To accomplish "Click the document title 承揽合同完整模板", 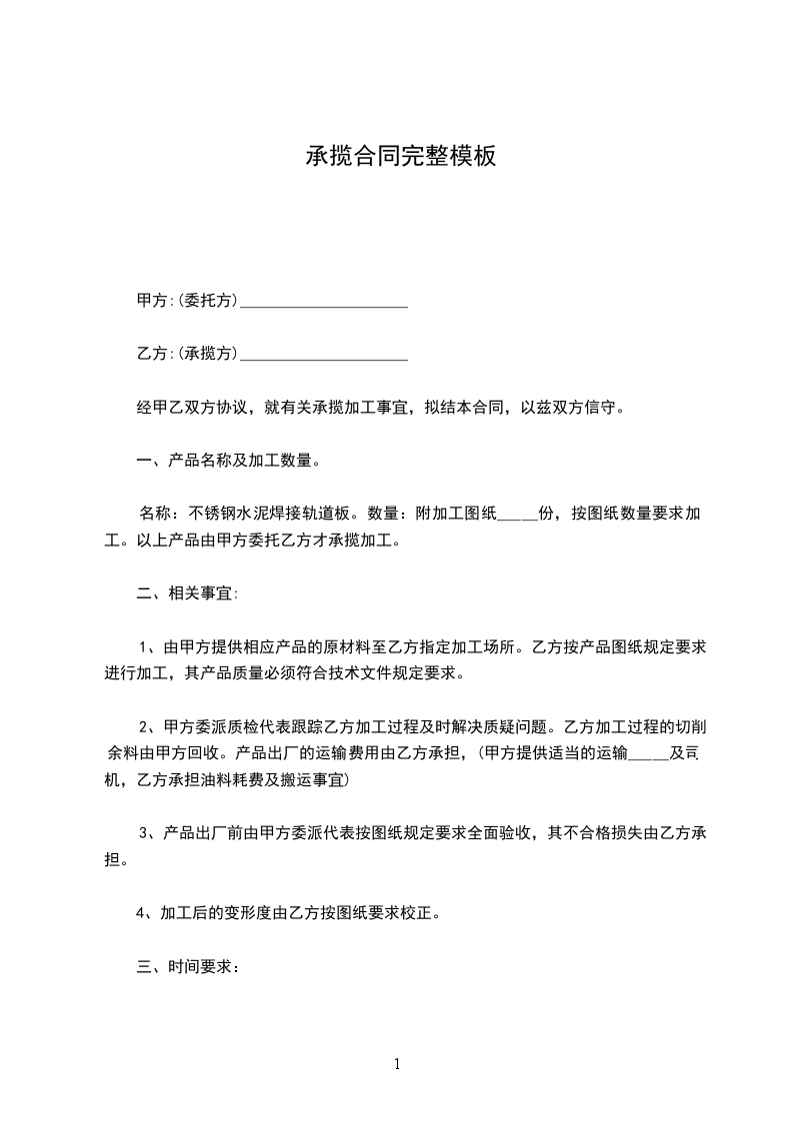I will tap(400, 157).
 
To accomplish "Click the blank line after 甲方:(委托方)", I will tap(324, 301).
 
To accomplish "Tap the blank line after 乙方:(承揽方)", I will tap(324, 354).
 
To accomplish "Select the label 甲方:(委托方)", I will tap(187, 301).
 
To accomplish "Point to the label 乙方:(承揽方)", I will tap(187, 354).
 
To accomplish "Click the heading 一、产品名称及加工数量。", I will tap(228, 461).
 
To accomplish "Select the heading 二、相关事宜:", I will tap(186, 592).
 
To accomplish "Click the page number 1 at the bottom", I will tap(397, 1064).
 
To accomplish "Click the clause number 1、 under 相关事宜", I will tap(148, 646).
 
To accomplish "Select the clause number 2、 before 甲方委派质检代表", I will tap(148, 725).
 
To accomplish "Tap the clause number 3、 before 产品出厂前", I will tap(148, 831).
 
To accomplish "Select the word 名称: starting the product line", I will tap(158, 515).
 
